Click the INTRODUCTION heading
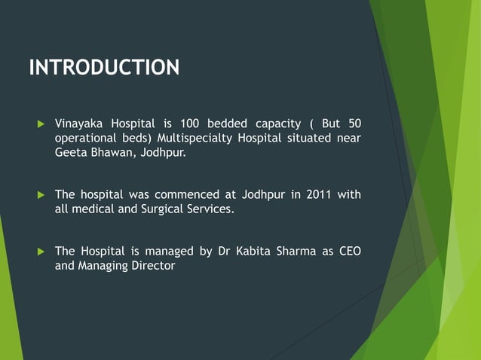click(x=104, y=68)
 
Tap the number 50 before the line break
click(x=354, y=124)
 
